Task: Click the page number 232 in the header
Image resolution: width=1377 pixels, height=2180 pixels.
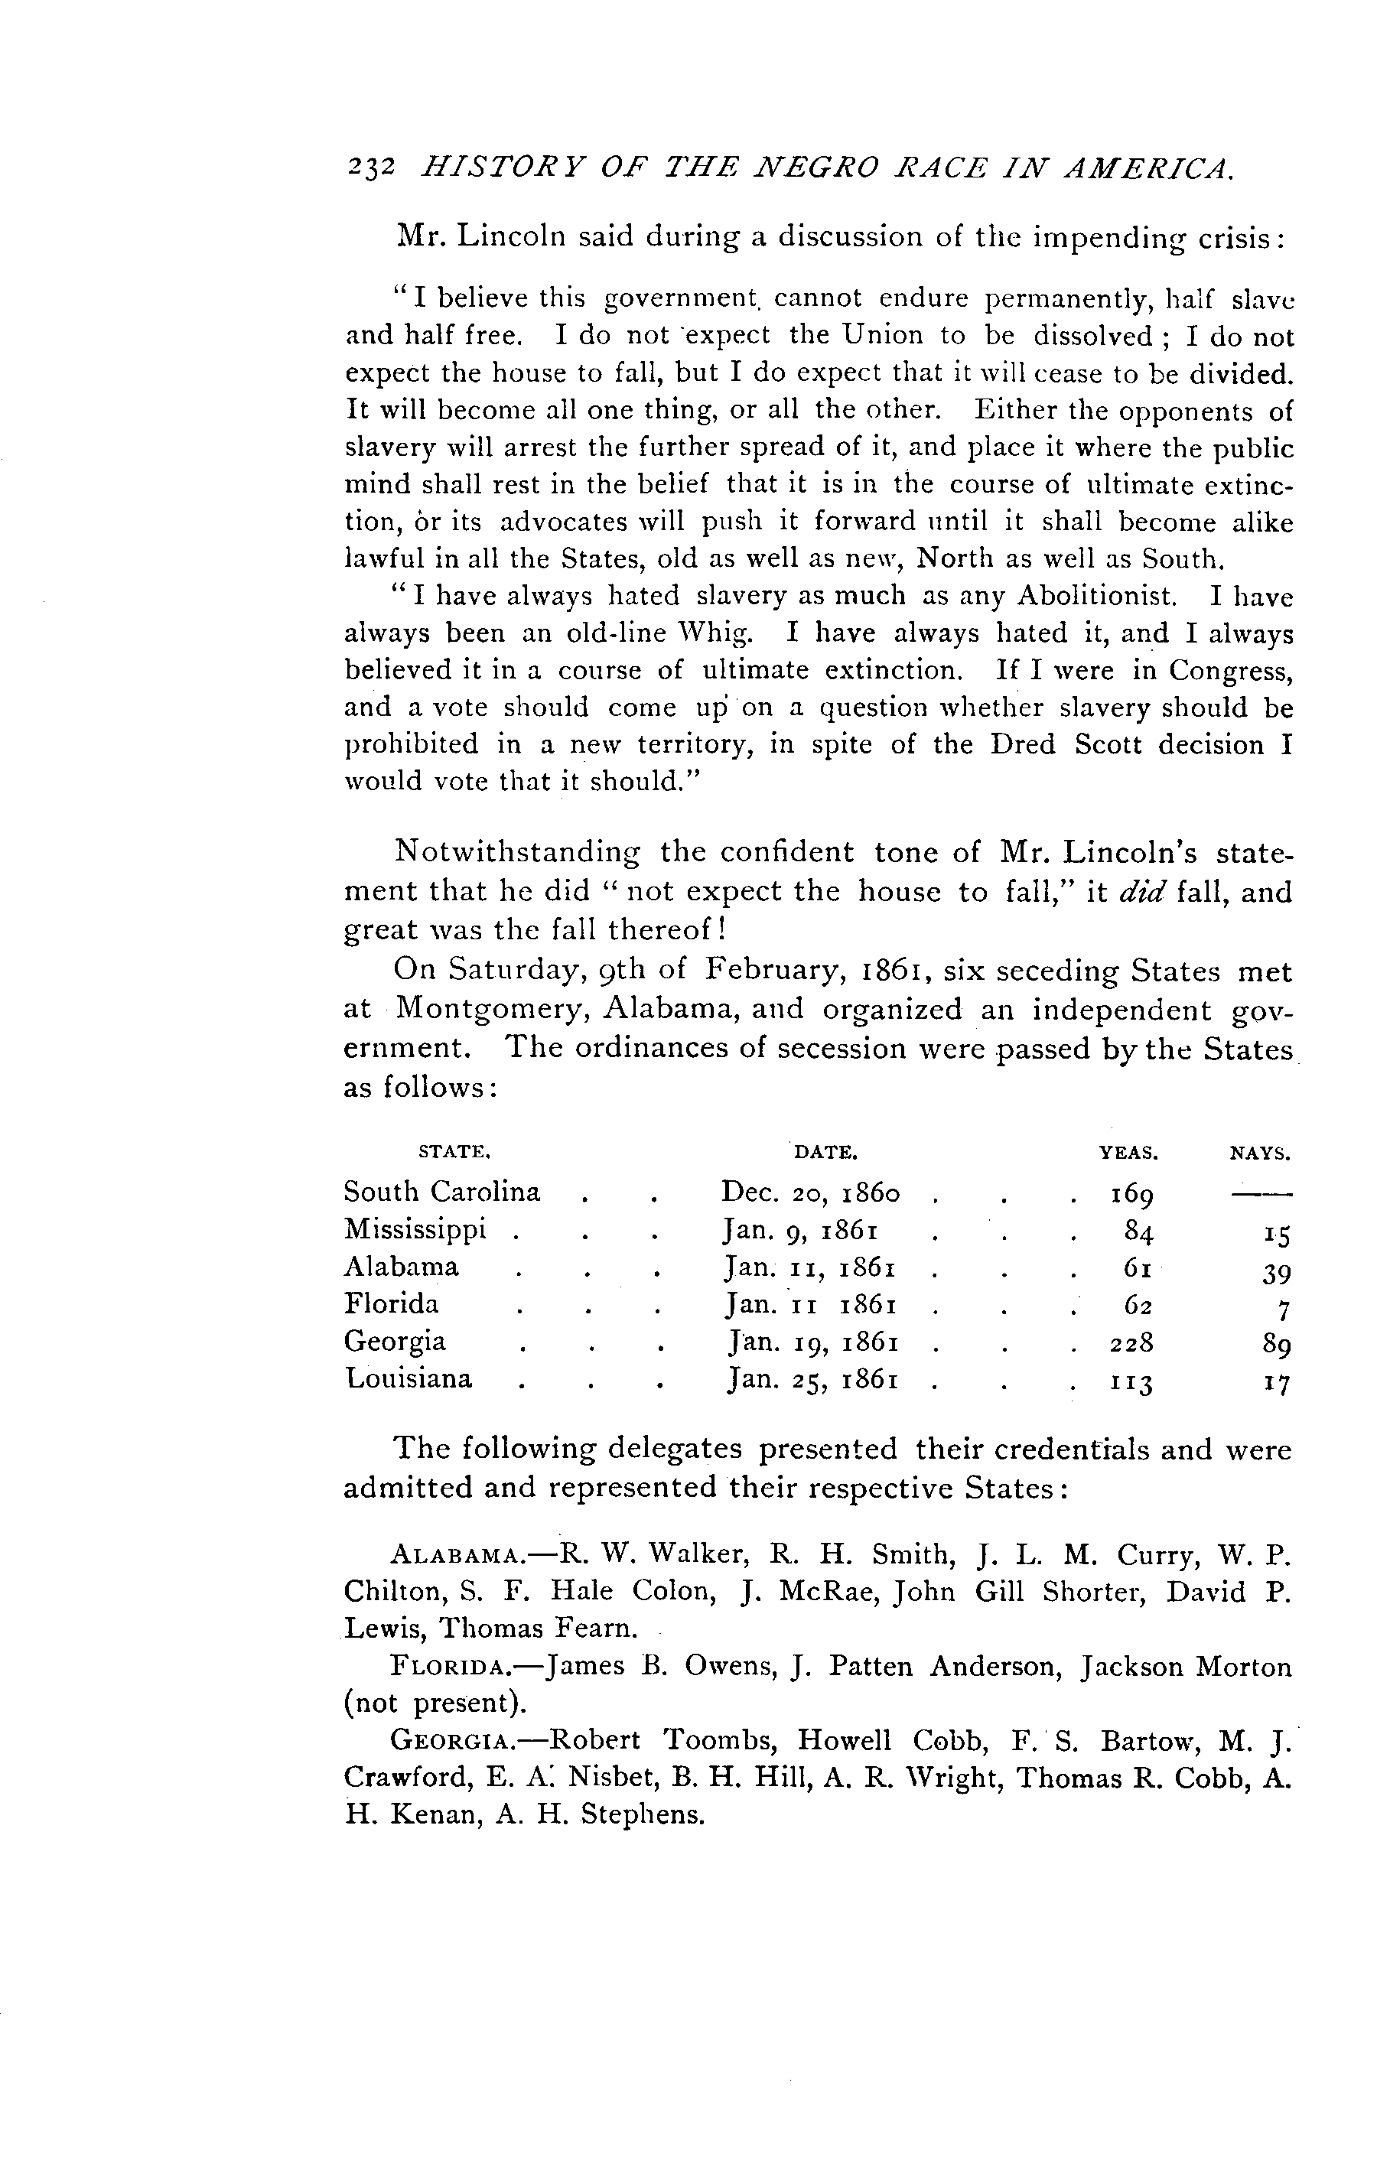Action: click(x=369, y=168)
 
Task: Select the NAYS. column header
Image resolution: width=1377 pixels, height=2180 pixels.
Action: click(x=1259, y=1154)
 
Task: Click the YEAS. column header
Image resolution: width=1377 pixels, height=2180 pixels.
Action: click(x=1128, y=1153)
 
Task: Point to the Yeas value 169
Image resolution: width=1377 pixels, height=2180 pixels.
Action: click(x=1131, y=1194)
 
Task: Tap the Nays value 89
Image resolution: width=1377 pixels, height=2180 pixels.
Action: click(x=1275, y=1345)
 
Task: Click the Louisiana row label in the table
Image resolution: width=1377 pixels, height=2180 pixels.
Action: click(x=409, y=1379)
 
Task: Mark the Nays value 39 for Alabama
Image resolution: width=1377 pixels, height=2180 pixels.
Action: click(x=1275, y=1271)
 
